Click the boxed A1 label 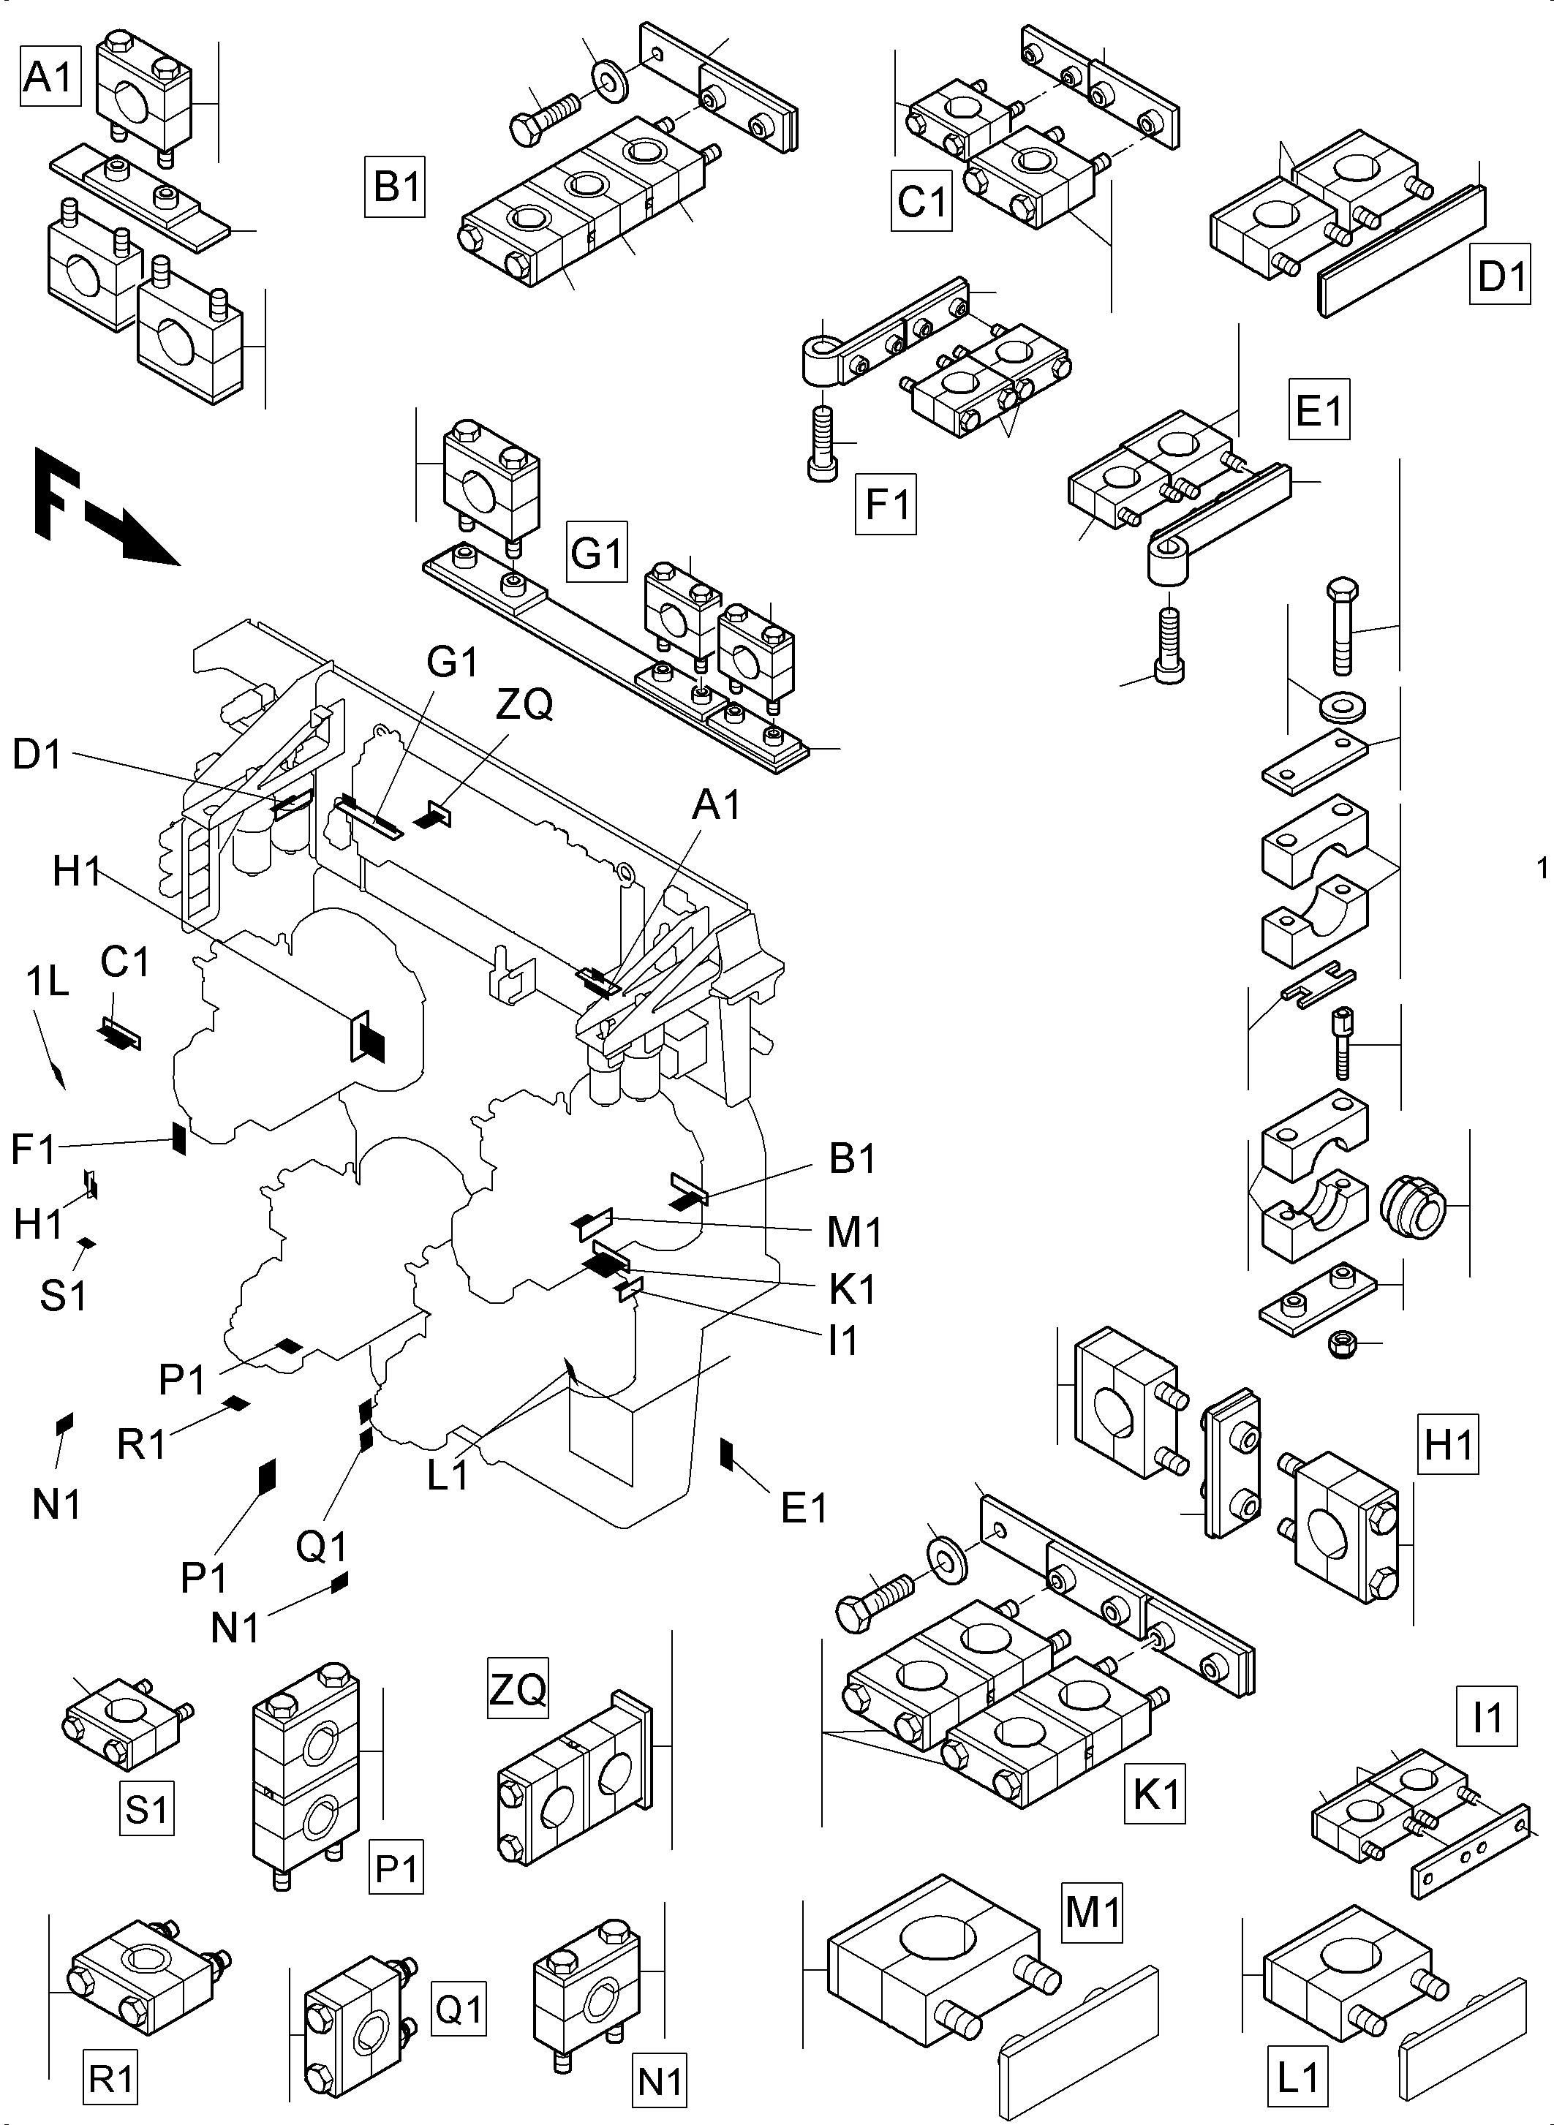tap(49, 76)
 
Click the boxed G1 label tap(597, 552)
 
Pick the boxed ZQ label tap(517, 1688)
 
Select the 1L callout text tap(47, 981)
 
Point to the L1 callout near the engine tap(448, 1475)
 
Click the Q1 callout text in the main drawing tap(323, 1547)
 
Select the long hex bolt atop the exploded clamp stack tap(1341, 624)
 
